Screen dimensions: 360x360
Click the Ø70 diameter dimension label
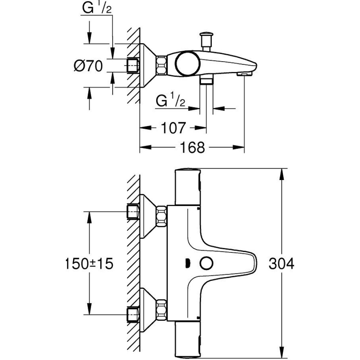tap(88, 66)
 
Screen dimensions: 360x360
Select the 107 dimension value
tap(173, 128)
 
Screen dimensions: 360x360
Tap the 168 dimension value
tap(192, 147)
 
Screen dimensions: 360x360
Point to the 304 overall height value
tap(281, 264)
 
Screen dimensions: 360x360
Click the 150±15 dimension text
tap(89, 264)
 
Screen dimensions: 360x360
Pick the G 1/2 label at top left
tap(96, 9)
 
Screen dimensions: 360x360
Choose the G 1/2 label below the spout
tap(170, 101)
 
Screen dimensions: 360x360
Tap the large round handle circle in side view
tap(188, 63)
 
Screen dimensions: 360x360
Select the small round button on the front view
tap(206, 264)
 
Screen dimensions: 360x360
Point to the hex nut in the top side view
tap(161, 65)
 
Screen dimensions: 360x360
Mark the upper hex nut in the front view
tap(161, 216)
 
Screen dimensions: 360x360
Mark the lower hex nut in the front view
tap(161, 310)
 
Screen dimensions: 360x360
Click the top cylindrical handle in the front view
tap(188, 186)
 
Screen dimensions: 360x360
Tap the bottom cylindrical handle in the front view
tap(188, 339)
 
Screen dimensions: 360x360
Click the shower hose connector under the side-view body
tap(206, 80)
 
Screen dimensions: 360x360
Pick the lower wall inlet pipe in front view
tap(133, 315)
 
